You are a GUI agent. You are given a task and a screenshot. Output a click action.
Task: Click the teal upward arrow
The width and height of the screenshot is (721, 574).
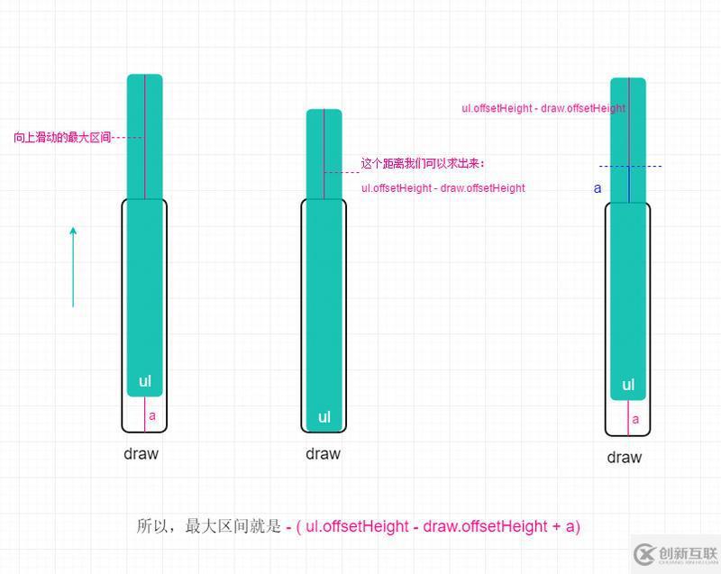(x=73, y=267)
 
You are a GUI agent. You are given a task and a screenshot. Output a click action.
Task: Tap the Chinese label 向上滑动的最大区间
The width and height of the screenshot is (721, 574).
(x=62, y=137)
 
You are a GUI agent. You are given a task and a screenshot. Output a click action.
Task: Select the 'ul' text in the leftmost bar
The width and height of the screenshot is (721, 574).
(x=145, y=381)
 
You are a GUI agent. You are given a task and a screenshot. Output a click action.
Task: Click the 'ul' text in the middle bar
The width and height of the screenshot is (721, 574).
(x=324, y=417)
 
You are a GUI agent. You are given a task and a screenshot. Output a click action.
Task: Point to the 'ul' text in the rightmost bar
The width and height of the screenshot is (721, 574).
(x=628, y=385)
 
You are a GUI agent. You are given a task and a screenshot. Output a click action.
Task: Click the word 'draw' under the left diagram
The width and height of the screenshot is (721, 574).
(x=141, y=453)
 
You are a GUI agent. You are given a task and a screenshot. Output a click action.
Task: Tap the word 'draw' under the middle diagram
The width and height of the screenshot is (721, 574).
(x=324, y=453)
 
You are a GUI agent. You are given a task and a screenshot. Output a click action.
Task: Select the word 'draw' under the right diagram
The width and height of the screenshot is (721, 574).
(x=625, y=457)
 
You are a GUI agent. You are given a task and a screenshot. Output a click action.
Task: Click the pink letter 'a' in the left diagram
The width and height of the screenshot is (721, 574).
(x=152, y=416)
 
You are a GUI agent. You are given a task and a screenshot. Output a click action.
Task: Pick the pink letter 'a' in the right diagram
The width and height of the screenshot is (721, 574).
(x=635, y=419)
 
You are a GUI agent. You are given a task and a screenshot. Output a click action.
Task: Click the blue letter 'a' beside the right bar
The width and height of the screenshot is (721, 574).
(x=598, y=188)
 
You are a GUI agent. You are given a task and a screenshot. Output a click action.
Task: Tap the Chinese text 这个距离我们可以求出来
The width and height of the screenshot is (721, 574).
(x=423, y=163)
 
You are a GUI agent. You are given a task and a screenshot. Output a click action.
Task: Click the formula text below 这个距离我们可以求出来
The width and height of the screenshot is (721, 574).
(x=443, y=188)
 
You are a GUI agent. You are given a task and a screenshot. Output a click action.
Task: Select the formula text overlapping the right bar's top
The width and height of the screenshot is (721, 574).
(x=544, y=108)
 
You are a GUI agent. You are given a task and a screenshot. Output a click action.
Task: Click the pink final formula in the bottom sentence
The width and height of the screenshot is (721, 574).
(x=433, y=526)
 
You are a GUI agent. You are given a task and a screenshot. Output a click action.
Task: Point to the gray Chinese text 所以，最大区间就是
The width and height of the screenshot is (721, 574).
(x=208, y=526)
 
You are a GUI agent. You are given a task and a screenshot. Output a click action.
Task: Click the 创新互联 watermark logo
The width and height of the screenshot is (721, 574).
(x=675, y=554)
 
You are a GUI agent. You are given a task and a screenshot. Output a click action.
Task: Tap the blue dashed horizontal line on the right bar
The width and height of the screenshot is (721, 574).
(x=630, y=166)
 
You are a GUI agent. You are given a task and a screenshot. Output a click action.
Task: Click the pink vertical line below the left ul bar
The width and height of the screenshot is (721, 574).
(x=145, y=415)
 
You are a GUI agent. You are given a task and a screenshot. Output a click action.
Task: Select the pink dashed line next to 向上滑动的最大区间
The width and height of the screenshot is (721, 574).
(x=128, y=137)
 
